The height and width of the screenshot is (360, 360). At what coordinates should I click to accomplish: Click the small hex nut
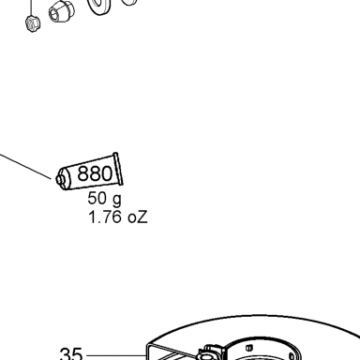tap(33, 23)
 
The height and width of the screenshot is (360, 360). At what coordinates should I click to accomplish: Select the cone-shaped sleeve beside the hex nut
tap(62, 11)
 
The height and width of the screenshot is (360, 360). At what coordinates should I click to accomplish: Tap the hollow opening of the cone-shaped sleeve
tap(54, 14)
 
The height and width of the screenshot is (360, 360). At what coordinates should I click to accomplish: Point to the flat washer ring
tap(99, 6)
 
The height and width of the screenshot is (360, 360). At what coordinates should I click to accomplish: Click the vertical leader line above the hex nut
tap(31, 7)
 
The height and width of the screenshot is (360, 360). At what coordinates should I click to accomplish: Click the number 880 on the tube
tap(95, 173)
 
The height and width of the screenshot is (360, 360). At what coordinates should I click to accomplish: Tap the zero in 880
tap(106, 173)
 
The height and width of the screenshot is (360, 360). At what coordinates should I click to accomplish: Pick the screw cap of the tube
tap(59, 179)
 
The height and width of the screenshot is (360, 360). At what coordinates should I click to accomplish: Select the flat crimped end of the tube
tap(118, 169)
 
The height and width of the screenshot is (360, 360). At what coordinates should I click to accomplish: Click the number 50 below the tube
tap(97, 198)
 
